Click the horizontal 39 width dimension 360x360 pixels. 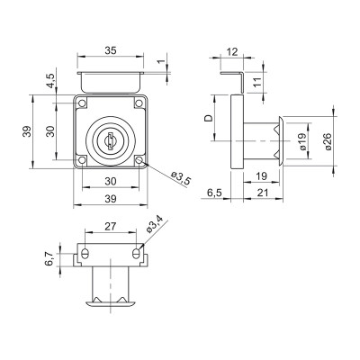pos(109,198)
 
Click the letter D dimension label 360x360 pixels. pos(209,118)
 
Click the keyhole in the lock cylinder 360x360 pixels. pos(109,139)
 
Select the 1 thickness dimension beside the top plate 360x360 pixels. pos(160,62)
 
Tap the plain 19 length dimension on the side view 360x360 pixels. pos(260,176)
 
